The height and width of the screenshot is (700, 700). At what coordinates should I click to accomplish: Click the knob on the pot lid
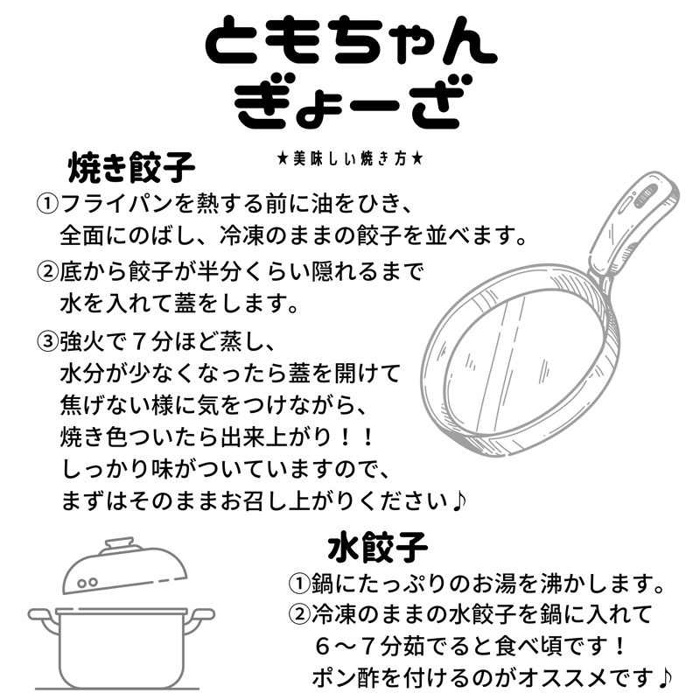pos(117,545)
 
